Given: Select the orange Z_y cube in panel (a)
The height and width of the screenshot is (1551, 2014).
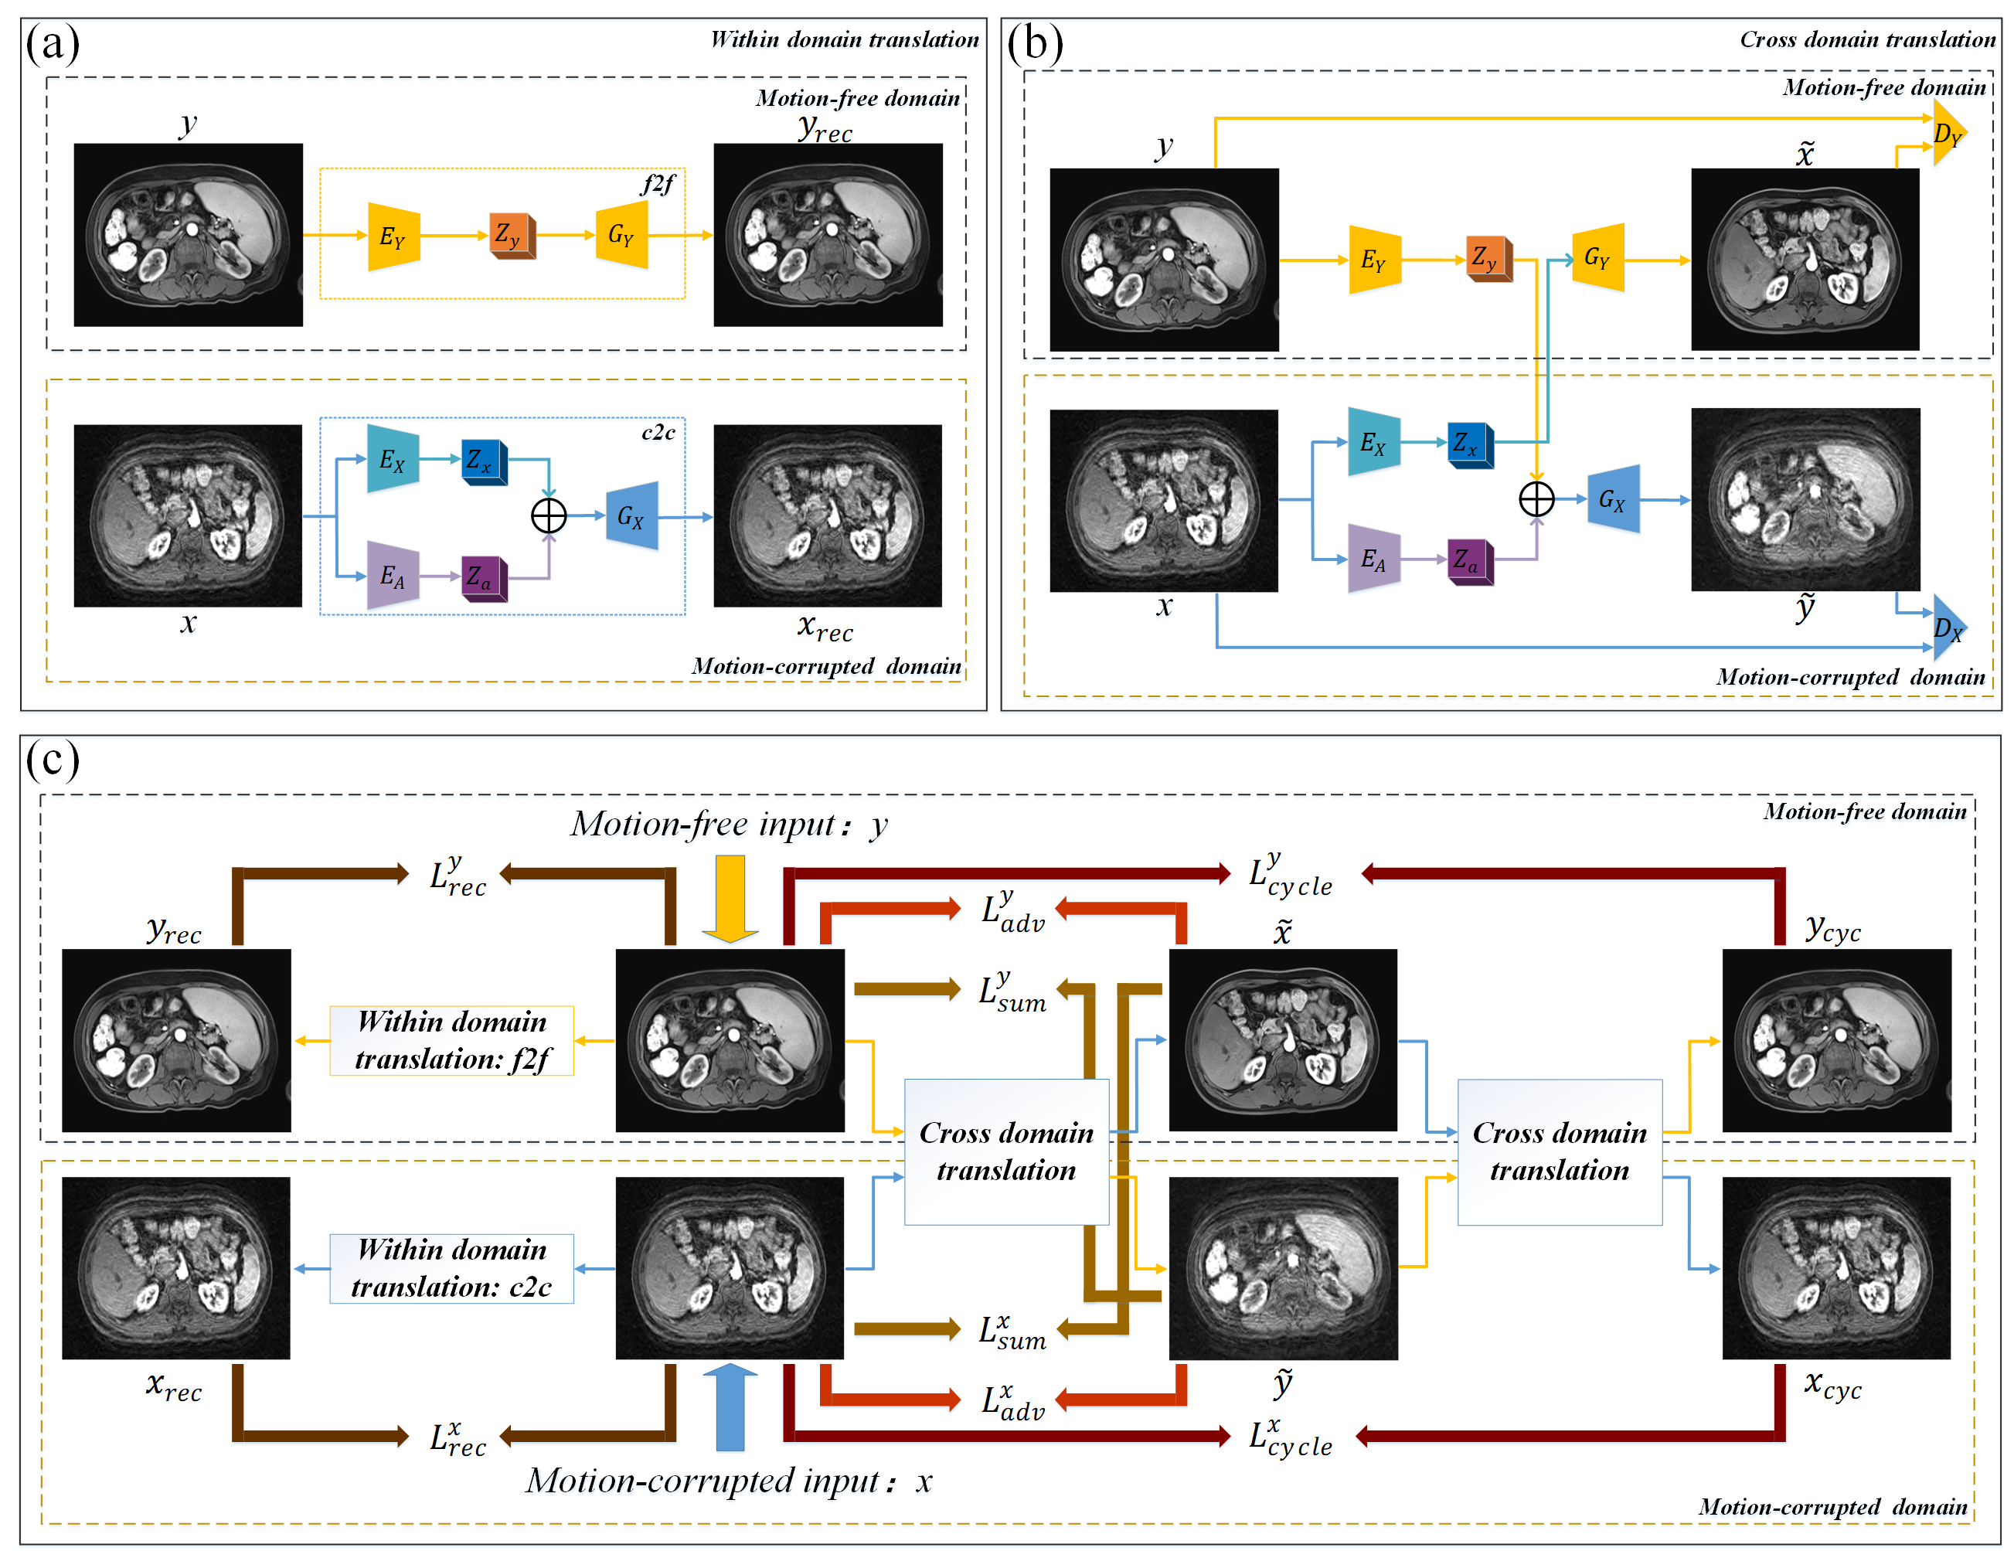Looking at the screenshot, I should [x=511, y=235].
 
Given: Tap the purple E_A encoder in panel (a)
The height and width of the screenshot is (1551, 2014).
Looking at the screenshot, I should [x=393, y=576].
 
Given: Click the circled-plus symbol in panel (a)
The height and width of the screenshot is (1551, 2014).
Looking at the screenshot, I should [x=549, y=515].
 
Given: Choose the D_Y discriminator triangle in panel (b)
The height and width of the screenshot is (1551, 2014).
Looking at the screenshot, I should [x=1948, y=134].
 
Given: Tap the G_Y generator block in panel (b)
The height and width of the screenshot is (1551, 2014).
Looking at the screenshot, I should [x=1598, y=257].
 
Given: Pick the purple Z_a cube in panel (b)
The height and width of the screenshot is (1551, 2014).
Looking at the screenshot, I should [x=1469, y=560].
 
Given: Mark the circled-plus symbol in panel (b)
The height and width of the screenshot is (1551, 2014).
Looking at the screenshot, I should [x=1536, y=499].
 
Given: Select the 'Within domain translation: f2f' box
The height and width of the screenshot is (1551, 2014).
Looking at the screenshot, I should [x=452, y=1040].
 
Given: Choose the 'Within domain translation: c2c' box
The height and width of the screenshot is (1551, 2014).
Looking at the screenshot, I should [x=452, y=1268].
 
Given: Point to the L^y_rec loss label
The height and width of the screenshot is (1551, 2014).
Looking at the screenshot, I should [x=458, y=876].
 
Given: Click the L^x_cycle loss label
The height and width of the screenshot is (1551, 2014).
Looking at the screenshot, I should [x=1290, y=1437].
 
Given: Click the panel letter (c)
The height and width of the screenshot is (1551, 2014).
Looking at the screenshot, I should [x=53, y=760].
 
